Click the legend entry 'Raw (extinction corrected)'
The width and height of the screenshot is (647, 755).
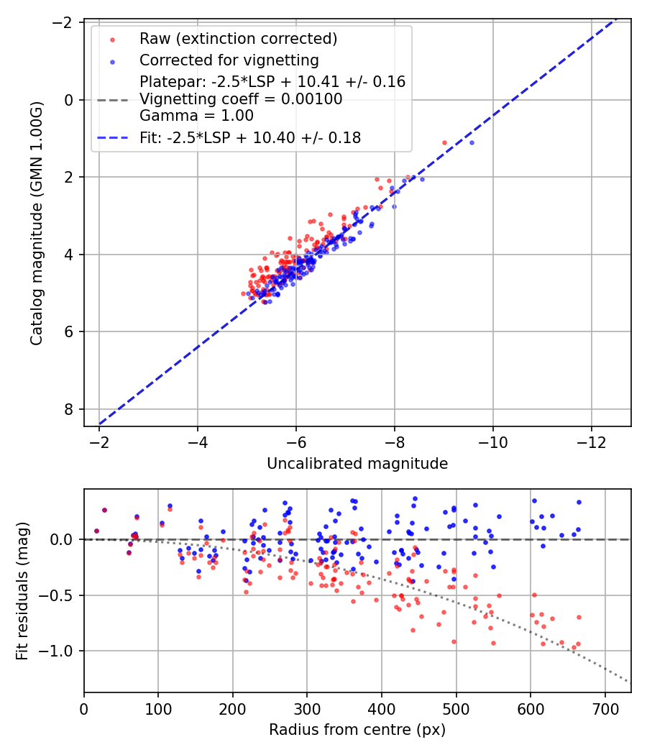coord(238,38)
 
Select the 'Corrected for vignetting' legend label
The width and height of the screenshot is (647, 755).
coord(229,60)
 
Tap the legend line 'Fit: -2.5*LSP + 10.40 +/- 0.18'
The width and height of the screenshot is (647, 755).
coord(249,137)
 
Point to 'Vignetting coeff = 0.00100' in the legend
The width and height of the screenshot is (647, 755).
coord(241,99)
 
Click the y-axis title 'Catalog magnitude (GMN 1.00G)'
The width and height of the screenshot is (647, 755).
coord(37,223)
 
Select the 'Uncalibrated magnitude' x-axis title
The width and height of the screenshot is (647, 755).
coord(357,464)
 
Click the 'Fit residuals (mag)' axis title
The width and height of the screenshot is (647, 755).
coord(22,590)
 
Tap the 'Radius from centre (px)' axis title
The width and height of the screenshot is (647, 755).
coord(357,730)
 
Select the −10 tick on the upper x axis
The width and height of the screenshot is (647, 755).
coord(492,439)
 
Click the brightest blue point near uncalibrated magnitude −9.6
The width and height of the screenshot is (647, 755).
coord(472,142)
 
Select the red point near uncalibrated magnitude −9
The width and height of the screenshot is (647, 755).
coord(444,142)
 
